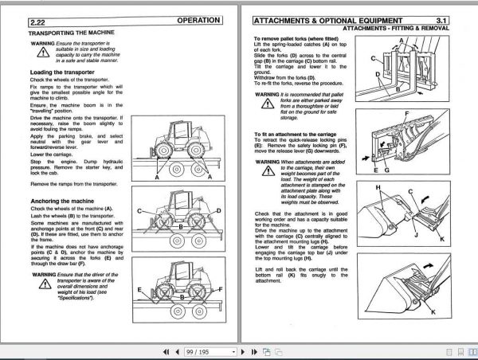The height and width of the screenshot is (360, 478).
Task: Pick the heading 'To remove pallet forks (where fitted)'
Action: (308, 39)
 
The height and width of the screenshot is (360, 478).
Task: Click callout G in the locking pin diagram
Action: (386, 170)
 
